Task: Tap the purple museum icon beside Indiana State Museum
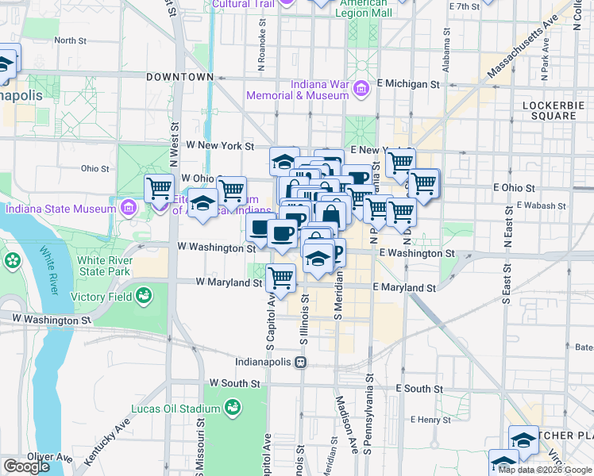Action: coord(129,209)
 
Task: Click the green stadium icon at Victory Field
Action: coord(144,297)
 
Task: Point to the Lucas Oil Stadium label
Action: coord(174,409)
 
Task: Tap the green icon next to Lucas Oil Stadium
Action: coord(233,409)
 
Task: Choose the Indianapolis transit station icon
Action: coord(301,362)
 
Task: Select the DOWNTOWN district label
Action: coord(180,77)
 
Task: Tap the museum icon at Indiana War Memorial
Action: coord(361,89)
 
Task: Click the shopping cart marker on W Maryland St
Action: coord(280,278)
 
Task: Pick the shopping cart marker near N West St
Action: coord(159,189)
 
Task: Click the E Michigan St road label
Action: coord(408,83)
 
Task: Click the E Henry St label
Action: coord(430,418)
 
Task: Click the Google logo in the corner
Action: coord(26,466)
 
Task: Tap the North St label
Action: coord(70,40)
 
